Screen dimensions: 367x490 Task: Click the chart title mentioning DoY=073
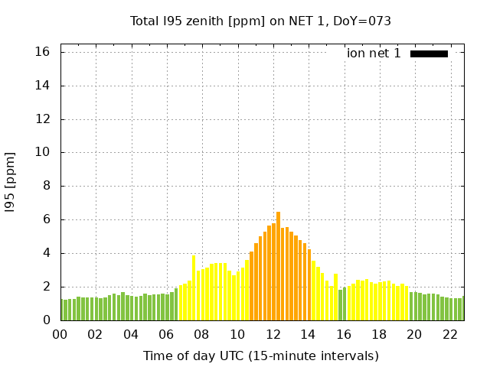260,21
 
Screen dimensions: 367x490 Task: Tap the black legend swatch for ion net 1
429,54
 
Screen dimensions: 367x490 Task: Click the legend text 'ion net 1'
374,54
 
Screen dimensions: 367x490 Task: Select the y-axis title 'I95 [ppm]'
11,182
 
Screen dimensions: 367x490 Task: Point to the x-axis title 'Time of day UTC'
260,356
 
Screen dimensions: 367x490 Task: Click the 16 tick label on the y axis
43,52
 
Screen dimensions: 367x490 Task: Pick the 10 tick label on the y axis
43,153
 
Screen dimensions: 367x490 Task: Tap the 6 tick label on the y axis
46,219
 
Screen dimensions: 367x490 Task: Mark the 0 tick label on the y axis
46,320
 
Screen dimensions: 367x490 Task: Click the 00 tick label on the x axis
60,334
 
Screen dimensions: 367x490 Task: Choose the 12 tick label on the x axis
273,334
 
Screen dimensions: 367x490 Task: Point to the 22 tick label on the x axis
450,334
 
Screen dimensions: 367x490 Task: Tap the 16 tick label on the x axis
344,334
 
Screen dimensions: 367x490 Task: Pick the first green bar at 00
63,310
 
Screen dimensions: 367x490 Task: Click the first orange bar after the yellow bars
251,286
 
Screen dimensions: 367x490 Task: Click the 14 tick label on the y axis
43,86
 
